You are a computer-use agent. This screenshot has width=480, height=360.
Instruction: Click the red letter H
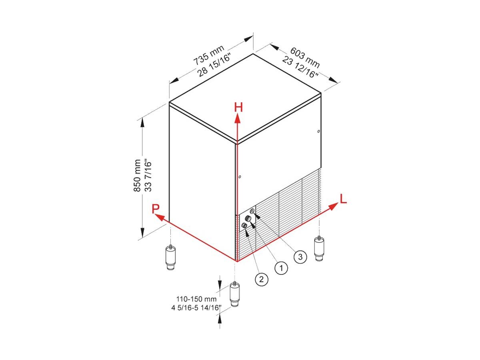pyautogui.click(x=238, y=107)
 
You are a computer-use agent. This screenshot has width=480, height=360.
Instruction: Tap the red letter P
pyautogui.click(x=156, y=209)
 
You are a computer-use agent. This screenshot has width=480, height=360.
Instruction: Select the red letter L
pyautogui.click(x=343, y=199)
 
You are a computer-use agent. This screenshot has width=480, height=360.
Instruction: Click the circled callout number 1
pyautogui.click(x=281, y=268)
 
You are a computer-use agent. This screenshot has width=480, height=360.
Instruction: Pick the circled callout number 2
pyautogui.click(x=262, y=279)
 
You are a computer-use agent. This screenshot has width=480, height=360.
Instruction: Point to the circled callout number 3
pyautogui.click(x=300, y=257)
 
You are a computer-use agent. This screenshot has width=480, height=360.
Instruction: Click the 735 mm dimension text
pyautogui.click(x=209, y=55)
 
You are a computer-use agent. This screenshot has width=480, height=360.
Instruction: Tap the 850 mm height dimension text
pyautogui.click(x=137, y=176)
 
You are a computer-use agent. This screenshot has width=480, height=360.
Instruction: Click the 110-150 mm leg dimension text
pyautogui.click(x=196, y=299)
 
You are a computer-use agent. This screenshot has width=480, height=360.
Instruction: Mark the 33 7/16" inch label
pyautogui.click(x=148, y=177)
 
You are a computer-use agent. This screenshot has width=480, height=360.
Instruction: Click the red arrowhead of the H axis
pyautogui.click(x=237, y=119)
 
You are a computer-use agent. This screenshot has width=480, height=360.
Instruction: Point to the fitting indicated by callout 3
pyautogui.click(x=252, y=211)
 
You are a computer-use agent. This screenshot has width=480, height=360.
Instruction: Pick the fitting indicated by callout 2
pyautogui.click(x=244, y=225)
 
